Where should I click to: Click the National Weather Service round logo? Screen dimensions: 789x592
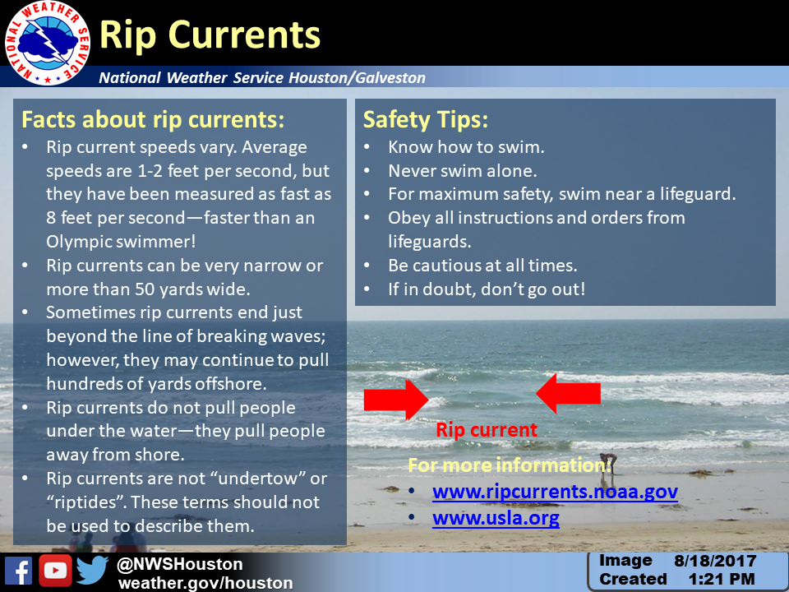point(48,44)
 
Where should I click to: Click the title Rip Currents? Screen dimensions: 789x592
point(210,35)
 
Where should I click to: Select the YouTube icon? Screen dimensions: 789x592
point(55,571)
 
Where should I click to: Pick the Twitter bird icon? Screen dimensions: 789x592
point(93,571)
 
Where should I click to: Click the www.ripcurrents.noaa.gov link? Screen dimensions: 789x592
point(555,492)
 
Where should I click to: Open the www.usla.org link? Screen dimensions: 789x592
point(496,518)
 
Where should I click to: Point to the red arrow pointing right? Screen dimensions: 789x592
point(396,400)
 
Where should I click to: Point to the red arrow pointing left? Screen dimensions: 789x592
point(568,393)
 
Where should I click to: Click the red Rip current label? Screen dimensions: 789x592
point(487,430)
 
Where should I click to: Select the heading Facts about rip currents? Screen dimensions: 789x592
point(153,120)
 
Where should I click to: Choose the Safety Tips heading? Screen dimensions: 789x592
point(426,120)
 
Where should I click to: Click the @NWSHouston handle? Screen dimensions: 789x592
point(180,564)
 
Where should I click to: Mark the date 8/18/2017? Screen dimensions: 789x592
point(715,561)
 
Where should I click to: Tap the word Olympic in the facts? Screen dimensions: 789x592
point(80,242)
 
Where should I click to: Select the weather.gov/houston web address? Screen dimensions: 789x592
point(205,583)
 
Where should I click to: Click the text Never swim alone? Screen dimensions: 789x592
point(463,171)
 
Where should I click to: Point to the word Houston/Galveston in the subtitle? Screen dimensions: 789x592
point(358,77)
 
